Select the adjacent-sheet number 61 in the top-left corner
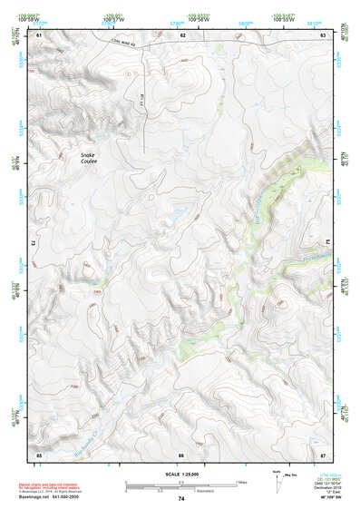pyautogui.click(x=39, y=34)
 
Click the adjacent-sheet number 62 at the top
pyautogui.click(x=182, y=34)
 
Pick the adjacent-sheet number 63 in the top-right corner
pyautogui.click(x=322, y=34)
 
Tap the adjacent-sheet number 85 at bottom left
pyautogui.click(x=39, y=454)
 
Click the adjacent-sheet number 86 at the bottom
pyautogui.click(x=181, y=454)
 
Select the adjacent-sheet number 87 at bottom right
pyautogui.click(x=322, y=454)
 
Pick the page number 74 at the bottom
pyautogui.click(x=180, y=499)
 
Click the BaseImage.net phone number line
pyautogui.click(x=50, y=497)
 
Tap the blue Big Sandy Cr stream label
pyautogui.click(x=88, y=437)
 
